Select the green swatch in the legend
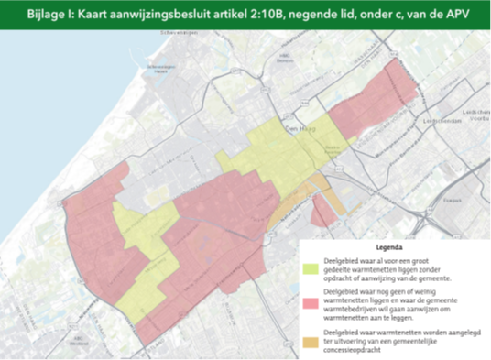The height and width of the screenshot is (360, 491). click(311, 267)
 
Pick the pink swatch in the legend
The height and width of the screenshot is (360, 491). click(311, 301)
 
